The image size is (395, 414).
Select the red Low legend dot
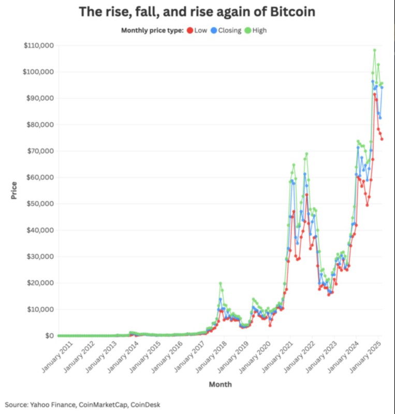point(190,31)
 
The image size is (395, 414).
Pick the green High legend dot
point(247,31)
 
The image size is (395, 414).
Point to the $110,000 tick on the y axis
point(39,46)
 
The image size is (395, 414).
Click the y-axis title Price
point(14,190)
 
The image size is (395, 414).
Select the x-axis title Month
point(220,385)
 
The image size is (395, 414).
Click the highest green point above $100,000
point(374,50)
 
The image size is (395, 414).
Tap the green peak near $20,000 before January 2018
point(220,283)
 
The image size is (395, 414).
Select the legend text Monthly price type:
point(152,31)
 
